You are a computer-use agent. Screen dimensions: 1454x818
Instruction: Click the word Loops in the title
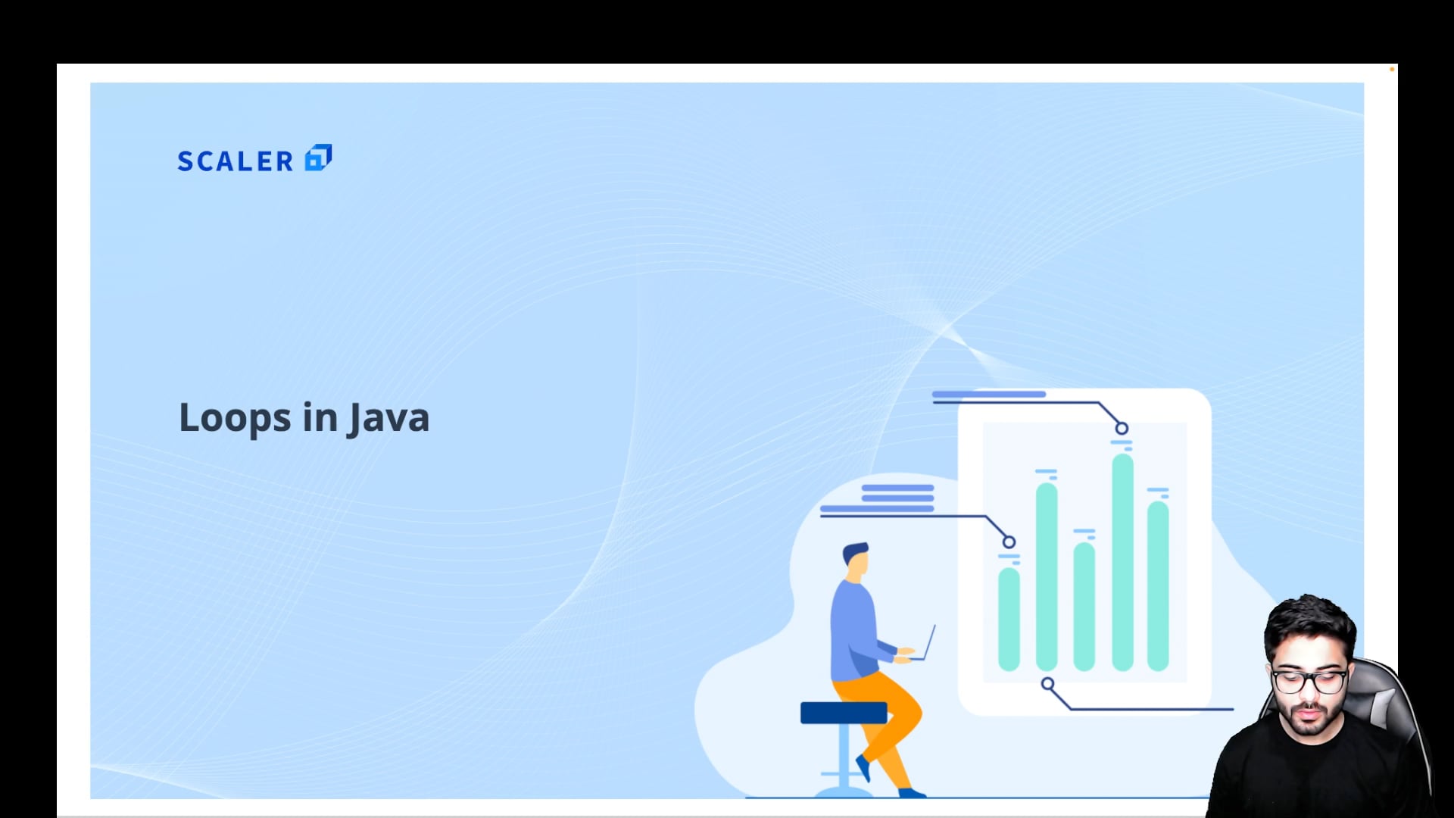click(x=235, y=418)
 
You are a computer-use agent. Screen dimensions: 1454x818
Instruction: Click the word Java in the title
click(x=388, y=419)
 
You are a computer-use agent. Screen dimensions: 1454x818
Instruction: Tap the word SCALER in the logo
click(x=236, y=161)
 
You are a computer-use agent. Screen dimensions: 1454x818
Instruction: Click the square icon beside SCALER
click(x=318, y=158)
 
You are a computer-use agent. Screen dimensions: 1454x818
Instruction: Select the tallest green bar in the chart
click(x=1122, y=562)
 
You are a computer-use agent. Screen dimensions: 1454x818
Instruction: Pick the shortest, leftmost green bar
click(x=1009, y=619)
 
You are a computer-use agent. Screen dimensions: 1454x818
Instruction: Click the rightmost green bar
click(x=1158, y=585)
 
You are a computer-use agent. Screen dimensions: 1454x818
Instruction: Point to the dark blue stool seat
click(x=844, y=713)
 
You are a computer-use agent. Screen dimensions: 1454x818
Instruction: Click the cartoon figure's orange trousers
click(x=882, y=720)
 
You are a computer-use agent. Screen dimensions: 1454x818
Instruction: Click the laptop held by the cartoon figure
click(x=925, y=644)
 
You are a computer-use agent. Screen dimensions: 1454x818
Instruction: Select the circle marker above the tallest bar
click(x=1122, y=429)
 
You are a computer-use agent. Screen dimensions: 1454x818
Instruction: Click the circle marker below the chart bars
click(x=1047, y=684)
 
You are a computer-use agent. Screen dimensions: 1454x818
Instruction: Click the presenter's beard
click(x=1312, y=720)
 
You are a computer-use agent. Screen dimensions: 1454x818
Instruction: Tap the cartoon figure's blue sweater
click(x=856, y=632)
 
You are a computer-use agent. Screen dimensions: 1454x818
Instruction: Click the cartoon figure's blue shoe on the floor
click(x=912, y=793)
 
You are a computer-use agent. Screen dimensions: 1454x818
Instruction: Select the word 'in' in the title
click(x=320, y=417)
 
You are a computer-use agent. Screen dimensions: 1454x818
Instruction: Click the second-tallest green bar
click(x=1047, y=576)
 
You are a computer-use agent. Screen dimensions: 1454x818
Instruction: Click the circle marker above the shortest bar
click(x=1009, y=542)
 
